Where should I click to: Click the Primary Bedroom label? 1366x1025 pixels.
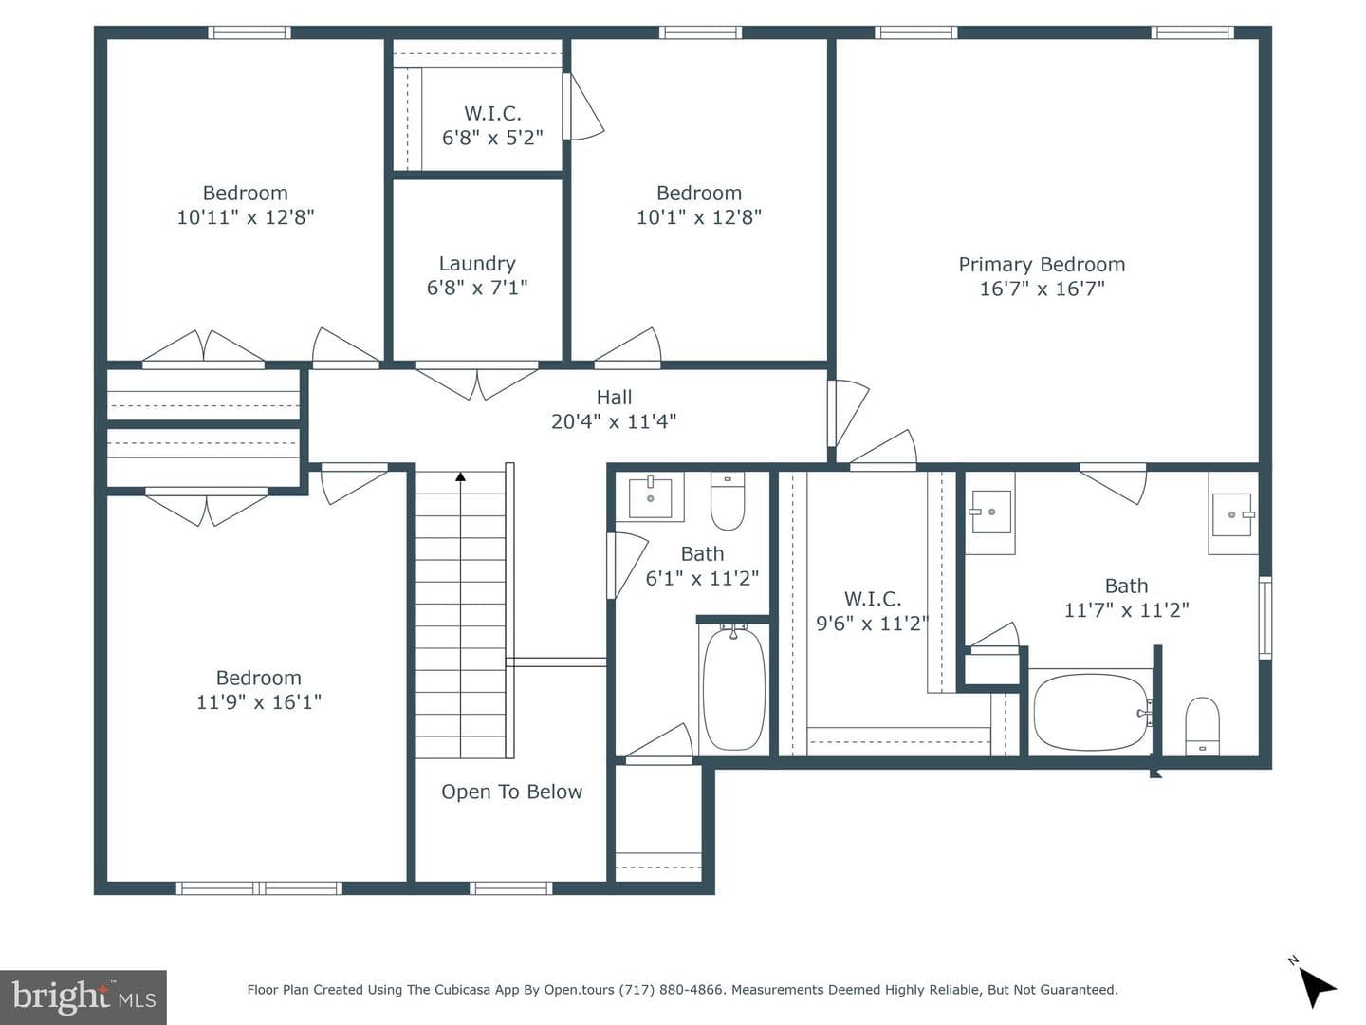coord(1042,265)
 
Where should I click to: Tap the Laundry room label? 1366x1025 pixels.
coord(477,263)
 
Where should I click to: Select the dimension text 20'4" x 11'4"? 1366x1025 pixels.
coord(614,421)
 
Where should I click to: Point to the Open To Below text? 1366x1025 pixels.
coord(511,792)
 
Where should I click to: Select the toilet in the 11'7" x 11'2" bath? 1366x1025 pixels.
coord(1202,726)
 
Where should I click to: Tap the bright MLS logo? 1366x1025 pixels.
coord(83,997)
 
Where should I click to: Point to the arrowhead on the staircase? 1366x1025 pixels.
coord(460,476)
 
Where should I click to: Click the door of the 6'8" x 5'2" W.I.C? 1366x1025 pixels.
coord(582,106)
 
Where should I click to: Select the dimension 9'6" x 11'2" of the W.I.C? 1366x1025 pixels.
coord(872,623)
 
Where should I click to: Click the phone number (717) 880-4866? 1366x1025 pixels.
coord(671,989)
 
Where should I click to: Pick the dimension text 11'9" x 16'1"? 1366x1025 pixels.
coord(259,702)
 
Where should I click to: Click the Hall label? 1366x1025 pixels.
coord(614,397)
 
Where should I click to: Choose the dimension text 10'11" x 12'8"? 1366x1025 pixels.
coord(245,217)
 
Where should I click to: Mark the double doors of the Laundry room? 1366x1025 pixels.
coord(477,381)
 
